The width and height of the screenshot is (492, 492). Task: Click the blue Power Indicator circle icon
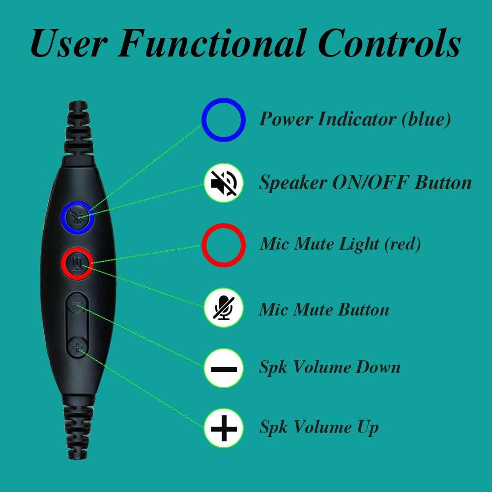224,119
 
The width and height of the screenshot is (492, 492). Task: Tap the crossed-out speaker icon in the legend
224,183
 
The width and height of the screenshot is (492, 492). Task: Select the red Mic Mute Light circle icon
224,244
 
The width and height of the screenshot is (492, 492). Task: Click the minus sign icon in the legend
224,368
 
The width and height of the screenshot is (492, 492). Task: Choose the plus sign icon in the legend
224,428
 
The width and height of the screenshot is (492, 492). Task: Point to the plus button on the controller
77,348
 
